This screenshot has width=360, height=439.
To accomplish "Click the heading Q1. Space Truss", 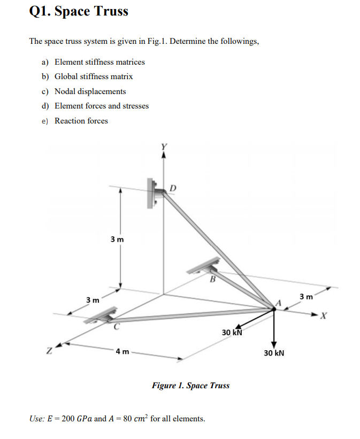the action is (x=79, y=12).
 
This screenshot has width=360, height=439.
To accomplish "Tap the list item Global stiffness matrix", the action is (x=94, y=76).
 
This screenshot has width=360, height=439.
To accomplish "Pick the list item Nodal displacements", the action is (x=90, y=91).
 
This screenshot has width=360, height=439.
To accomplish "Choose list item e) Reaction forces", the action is (x=81, y=121).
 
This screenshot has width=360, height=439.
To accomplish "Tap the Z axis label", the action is (x=49, y=352).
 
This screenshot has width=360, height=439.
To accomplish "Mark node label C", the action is (x=116, y=325).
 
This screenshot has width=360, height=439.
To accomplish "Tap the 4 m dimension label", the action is (x=122, y=352).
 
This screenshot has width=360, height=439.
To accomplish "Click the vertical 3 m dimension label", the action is (x=117, y=239).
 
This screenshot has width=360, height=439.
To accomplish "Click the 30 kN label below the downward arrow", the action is (x=274, y=353).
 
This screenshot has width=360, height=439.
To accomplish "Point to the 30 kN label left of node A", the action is (x=232, y=333).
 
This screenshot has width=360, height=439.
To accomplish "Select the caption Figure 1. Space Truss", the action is (x=190, y=386).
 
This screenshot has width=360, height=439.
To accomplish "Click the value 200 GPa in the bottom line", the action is (x=76, y=419).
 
